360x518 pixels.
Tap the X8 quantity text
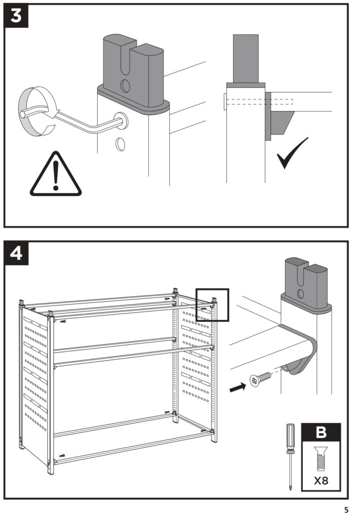(321, 480)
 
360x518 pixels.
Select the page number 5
(346, 509)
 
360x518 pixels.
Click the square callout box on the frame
(212, 305)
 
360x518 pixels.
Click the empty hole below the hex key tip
(121, 145)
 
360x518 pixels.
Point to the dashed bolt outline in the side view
(258, 101)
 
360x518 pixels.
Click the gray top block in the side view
(246, 58)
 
